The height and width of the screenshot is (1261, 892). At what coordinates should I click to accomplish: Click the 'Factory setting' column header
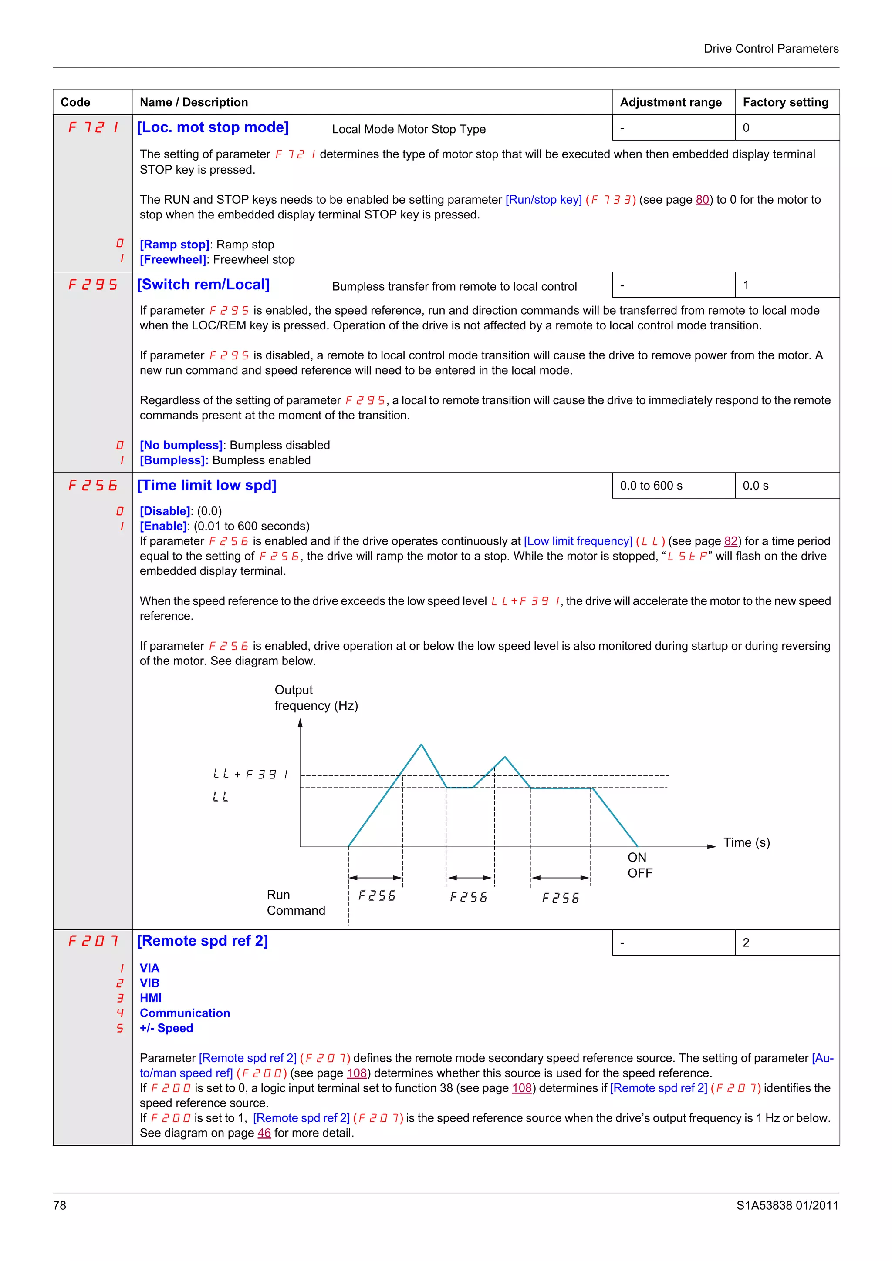tap(785, 102)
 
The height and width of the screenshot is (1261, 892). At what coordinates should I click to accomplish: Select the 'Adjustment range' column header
tap(670, 102)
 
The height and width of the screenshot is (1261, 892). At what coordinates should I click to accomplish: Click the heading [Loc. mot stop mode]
tap(213, 127)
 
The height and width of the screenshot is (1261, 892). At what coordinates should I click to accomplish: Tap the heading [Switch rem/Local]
tap(203, 285)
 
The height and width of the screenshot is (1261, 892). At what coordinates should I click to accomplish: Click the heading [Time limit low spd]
tap(206, 486)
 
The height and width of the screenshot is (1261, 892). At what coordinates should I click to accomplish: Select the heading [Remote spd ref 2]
tap(202, 941)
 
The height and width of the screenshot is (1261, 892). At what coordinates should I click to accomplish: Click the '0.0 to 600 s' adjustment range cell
tap(651, 486)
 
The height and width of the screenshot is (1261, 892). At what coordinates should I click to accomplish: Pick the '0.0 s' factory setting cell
tap(755, 486)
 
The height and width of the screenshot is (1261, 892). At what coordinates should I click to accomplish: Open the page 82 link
tap(730, 541)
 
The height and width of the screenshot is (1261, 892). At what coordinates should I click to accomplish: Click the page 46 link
tap(264, 1133)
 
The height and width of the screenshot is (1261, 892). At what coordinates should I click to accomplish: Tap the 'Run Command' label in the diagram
tap(295, 902)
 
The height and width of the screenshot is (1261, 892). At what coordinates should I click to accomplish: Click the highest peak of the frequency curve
tap(421, 745)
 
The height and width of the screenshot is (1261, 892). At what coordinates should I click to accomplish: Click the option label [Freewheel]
tap(172, 260)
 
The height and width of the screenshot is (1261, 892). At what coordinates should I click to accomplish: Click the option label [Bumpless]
tap(173, 460)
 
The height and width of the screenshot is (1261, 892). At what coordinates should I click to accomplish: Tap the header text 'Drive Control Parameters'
tap(770, 49)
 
